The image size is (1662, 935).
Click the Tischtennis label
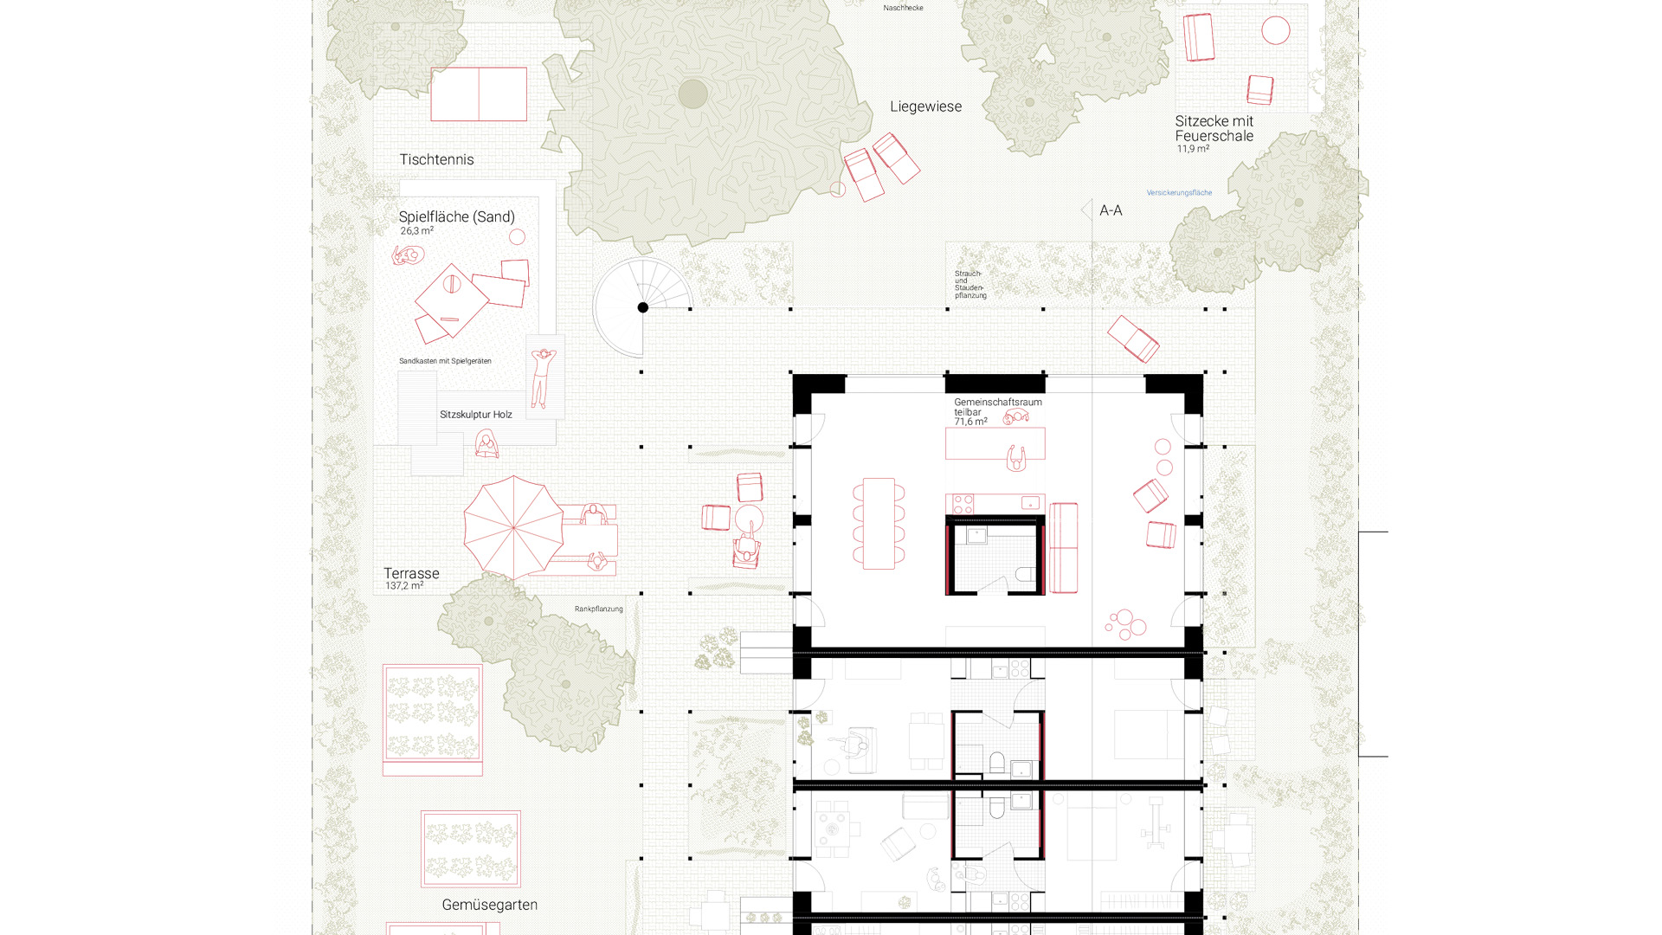436,159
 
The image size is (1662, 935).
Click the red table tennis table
479,94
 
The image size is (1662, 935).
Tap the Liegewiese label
925,106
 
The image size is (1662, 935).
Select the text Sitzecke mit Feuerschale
1214,128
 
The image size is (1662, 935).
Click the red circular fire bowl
1275,30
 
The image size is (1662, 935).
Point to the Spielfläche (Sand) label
456,216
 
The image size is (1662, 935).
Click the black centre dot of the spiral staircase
643,307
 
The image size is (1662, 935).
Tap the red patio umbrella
513,527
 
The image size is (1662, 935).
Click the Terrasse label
411,573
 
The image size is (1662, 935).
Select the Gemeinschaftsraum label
998,402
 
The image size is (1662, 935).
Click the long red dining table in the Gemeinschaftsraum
879,523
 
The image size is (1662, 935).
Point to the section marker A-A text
1111,210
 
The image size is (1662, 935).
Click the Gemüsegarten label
489,905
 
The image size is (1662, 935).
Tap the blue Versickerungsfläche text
1179,193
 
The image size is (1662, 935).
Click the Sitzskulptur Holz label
475,415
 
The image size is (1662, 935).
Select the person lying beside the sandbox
544,377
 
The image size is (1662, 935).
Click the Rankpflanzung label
598,609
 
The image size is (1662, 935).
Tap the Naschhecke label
903,8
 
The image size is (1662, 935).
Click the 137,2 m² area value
404,586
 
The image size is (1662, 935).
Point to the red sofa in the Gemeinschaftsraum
1063,548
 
